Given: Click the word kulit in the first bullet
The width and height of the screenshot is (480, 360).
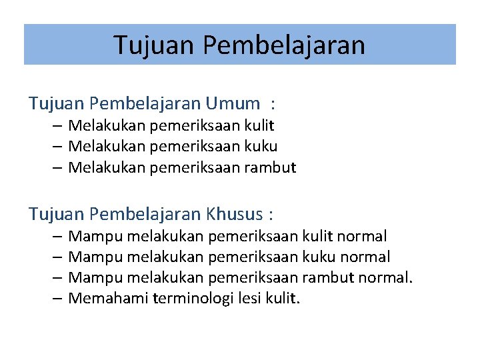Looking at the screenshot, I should pyautogui.click(x=259, y=125).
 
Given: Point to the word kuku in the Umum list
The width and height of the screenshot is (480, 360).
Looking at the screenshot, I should pyautogui.click(x=261, y=146).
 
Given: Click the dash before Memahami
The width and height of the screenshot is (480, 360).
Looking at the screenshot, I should pyautogui.click(x=57, y=298).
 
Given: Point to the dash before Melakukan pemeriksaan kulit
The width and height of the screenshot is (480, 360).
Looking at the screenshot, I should pyautogui.click(x=57, y=125).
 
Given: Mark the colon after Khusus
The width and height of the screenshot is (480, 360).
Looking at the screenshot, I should pyautogui.click(x=270, y=215).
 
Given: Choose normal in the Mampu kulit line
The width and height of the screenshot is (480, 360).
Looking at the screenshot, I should pyautogui.click(x=361, y=236).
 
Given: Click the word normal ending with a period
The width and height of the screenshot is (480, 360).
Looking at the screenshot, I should pyautogui.click(x=388, y=277).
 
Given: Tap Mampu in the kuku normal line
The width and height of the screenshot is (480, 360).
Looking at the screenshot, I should pyautogui.click(x=95, y=257).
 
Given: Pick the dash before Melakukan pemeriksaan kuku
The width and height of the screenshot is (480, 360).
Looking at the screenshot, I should pyautogui.click(x=57, y=146).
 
